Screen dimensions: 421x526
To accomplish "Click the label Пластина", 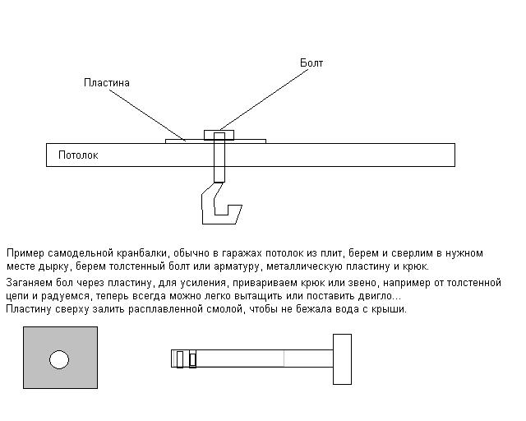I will coord(107,83).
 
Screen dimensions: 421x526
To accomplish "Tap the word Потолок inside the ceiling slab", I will coord(78,155).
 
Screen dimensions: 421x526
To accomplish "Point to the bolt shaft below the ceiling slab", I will coord(219,173).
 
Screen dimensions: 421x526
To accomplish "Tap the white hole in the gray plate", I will coord(59,359).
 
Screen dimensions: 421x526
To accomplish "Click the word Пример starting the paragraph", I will coord(24,253).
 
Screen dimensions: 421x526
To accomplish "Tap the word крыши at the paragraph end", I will coord(387,309).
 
